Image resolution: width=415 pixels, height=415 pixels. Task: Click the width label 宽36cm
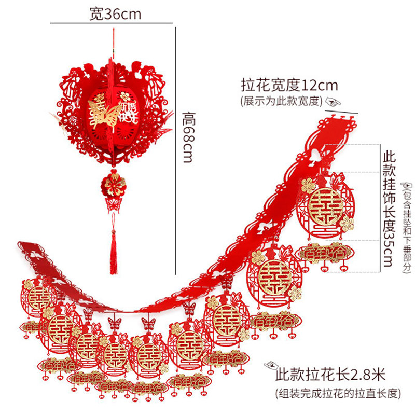pos(114,14)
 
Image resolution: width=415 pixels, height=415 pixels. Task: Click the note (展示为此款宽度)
pos(281,101)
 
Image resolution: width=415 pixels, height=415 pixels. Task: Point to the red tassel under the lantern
pos(113,254)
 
